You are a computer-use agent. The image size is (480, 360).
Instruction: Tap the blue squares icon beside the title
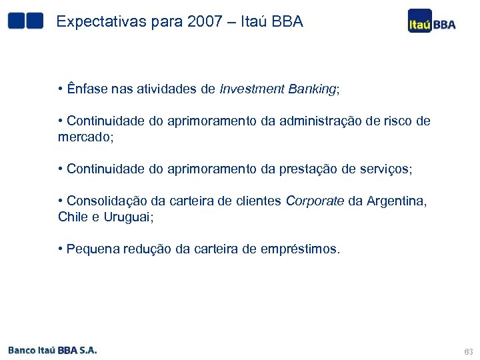tap(25, 21)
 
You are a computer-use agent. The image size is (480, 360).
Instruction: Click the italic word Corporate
tap(315, 201)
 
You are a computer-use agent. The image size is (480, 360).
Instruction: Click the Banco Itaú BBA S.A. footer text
tap(53, 349)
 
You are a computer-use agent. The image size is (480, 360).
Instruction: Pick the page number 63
tap(467, 351)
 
